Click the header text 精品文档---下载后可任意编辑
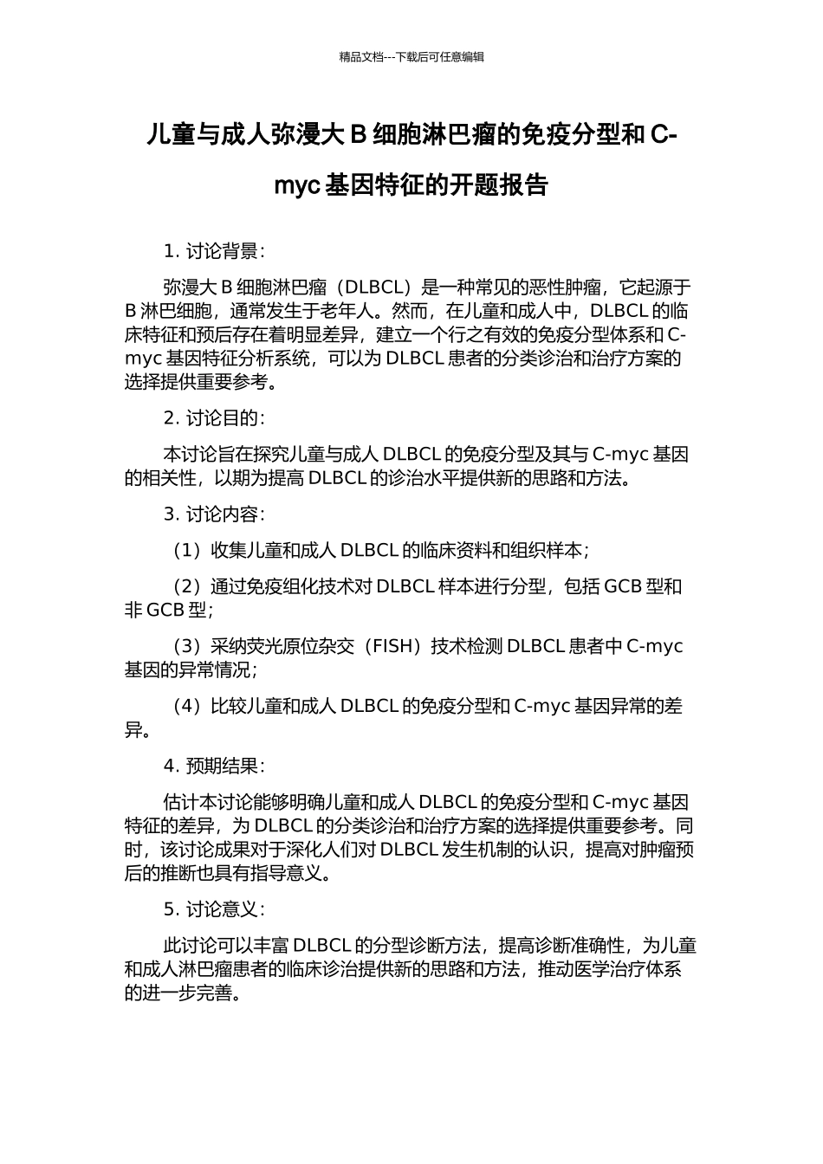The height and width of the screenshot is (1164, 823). pyautogui.click(x=411, y=57)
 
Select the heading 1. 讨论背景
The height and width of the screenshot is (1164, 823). pyautogui.click(x=214, y=251)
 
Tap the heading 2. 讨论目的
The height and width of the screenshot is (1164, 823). pyautogui.click(x=214, y=417)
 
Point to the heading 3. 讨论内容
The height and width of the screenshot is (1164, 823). pyautogui.click(x=214, y=514)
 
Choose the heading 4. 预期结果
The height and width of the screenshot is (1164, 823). pyautogui.click(x=214, y=766)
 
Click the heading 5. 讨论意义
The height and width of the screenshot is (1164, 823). pyautogui.click(x=214, y=909)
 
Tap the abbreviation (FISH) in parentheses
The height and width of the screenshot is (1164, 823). pyautogui.click(x=395, y=646)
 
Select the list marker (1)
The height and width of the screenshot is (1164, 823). pyautogui.click(x=186, y=550)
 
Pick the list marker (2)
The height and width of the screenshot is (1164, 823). pyautogui.click(x=186, y=586)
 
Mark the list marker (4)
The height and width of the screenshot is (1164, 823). pyautogui.click(x=186, y=706)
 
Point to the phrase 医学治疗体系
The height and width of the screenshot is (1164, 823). pyautogui.click(x=632, y=969)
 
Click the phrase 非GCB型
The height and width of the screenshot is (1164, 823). pyautogui.click(x=165, y=610)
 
